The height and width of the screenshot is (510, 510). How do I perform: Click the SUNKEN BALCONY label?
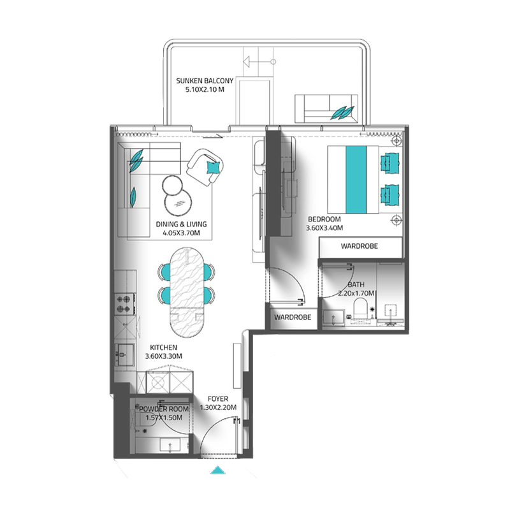(x=205, y=81)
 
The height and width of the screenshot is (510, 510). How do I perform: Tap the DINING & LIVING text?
(x=181, y=224)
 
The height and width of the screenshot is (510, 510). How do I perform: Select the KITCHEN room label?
(x=164, y=347)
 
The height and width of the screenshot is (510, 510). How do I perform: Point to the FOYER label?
(x=218, y=398)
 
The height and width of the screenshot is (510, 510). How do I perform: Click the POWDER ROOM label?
(x=164, y=409)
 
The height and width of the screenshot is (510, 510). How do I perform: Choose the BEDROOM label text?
(x=324, y=219)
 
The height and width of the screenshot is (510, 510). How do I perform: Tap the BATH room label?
(x=356, y=284)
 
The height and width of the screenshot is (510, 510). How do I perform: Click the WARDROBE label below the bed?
(x=360, y=246)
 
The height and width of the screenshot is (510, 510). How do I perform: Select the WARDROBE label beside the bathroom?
(x=293, y=317)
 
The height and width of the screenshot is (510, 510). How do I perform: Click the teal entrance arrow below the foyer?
(x=218, y=470)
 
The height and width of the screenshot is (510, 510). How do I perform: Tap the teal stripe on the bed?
(x=356, y=180)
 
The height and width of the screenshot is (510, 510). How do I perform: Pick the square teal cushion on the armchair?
(x=213, y=168)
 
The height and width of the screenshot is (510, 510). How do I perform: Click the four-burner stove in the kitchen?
(x=125, y=304)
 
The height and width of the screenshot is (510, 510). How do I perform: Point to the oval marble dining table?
(x=187, y=293)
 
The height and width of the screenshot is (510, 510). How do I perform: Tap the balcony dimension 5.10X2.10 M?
(x=205, y=89)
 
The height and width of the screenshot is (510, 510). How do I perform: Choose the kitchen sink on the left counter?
(x=124, y=356)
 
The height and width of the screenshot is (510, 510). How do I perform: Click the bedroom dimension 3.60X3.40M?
(x=324, y=228)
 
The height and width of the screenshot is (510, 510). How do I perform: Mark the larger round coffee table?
(x=178, y=201)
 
